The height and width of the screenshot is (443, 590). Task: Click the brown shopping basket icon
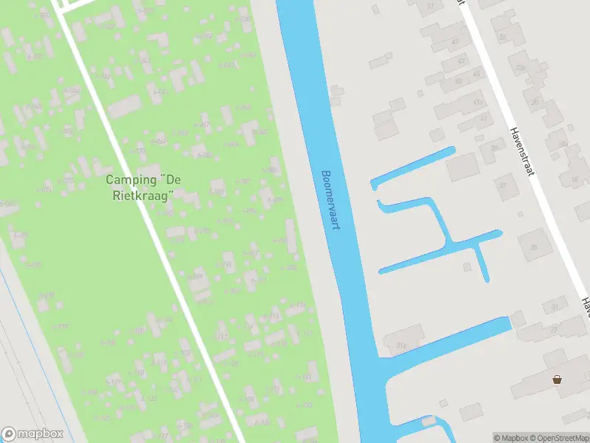tap(558, 380)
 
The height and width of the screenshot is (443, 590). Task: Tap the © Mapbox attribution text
tap(511, 438)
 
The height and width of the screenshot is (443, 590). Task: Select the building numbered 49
tap(454, 42)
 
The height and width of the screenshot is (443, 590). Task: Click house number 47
tap(484, 118)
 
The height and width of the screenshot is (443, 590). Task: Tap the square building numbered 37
tap(504, 185)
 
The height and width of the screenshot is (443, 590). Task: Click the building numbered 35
tap(533, 246)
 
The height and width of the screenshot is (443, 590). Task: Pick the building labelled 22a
tap(521, 68)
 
